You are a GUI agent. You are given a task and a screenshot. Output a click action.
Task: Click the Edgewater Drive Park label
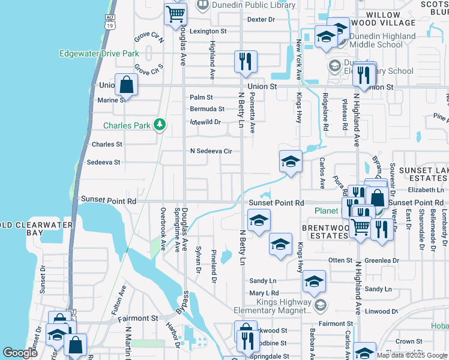(x=99, y=53)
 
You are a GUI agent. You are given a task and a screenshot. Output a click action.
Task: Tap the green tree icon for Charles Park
(x=159, y=125)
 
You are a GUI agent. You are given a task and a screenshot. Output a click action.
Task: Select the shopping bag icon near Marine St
(x=127, y=85)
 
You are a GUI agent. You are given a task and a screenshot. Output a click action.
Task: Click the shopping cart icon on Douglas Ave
(x=175, y=13)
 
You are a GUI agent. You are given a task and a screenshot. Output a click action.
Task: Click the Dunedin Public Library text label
(x=253, y=5)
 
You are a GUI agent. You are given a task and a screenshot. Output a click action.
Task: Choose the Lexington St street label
(x=208, y=31)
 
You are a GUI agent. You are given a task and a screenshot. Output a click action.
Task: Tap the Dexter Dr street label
(x=261, y=19)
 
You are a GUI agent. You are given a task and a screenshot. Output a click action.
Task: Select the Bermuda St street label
(x=207, y=109)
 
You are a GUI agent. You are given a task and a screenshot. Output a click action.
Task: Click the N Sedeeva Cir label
(x=211, y=151)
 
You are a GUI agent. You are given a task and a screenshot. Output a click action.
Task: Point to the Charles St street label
(x=107, y=145)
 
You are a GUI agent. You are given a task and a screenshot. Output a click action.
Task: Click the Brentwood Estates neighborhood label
(x=325, y=232)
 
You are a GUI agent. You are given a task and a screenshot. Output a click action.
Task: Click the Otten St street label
(x=340, y=260)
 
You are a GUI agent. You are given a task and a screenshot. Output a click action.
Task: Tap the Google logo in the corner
(x=20, y=353)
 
